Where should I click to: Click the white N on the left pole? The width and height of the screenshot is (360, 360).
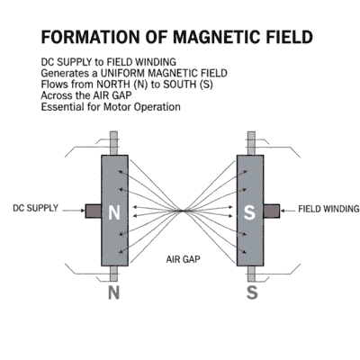113,213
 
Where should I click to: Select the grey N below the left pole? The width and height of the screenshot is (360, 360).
113,292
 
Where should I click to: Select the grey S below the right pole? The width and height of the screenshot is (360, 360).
253,292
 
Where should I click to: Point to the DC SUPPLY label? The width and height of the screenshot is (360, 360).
35,208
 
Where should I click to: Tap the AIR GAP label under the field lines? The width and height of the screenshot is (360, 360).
184,259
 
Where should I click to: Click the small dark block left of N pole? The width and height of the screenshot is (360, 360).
94,210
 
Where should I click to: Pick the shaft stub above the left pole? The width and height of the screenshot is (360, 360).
113,143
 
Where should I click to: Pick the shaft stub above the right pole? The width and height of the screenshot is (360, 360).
251,143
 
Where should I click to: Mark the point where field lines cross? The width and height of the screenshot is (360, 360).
183,211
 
